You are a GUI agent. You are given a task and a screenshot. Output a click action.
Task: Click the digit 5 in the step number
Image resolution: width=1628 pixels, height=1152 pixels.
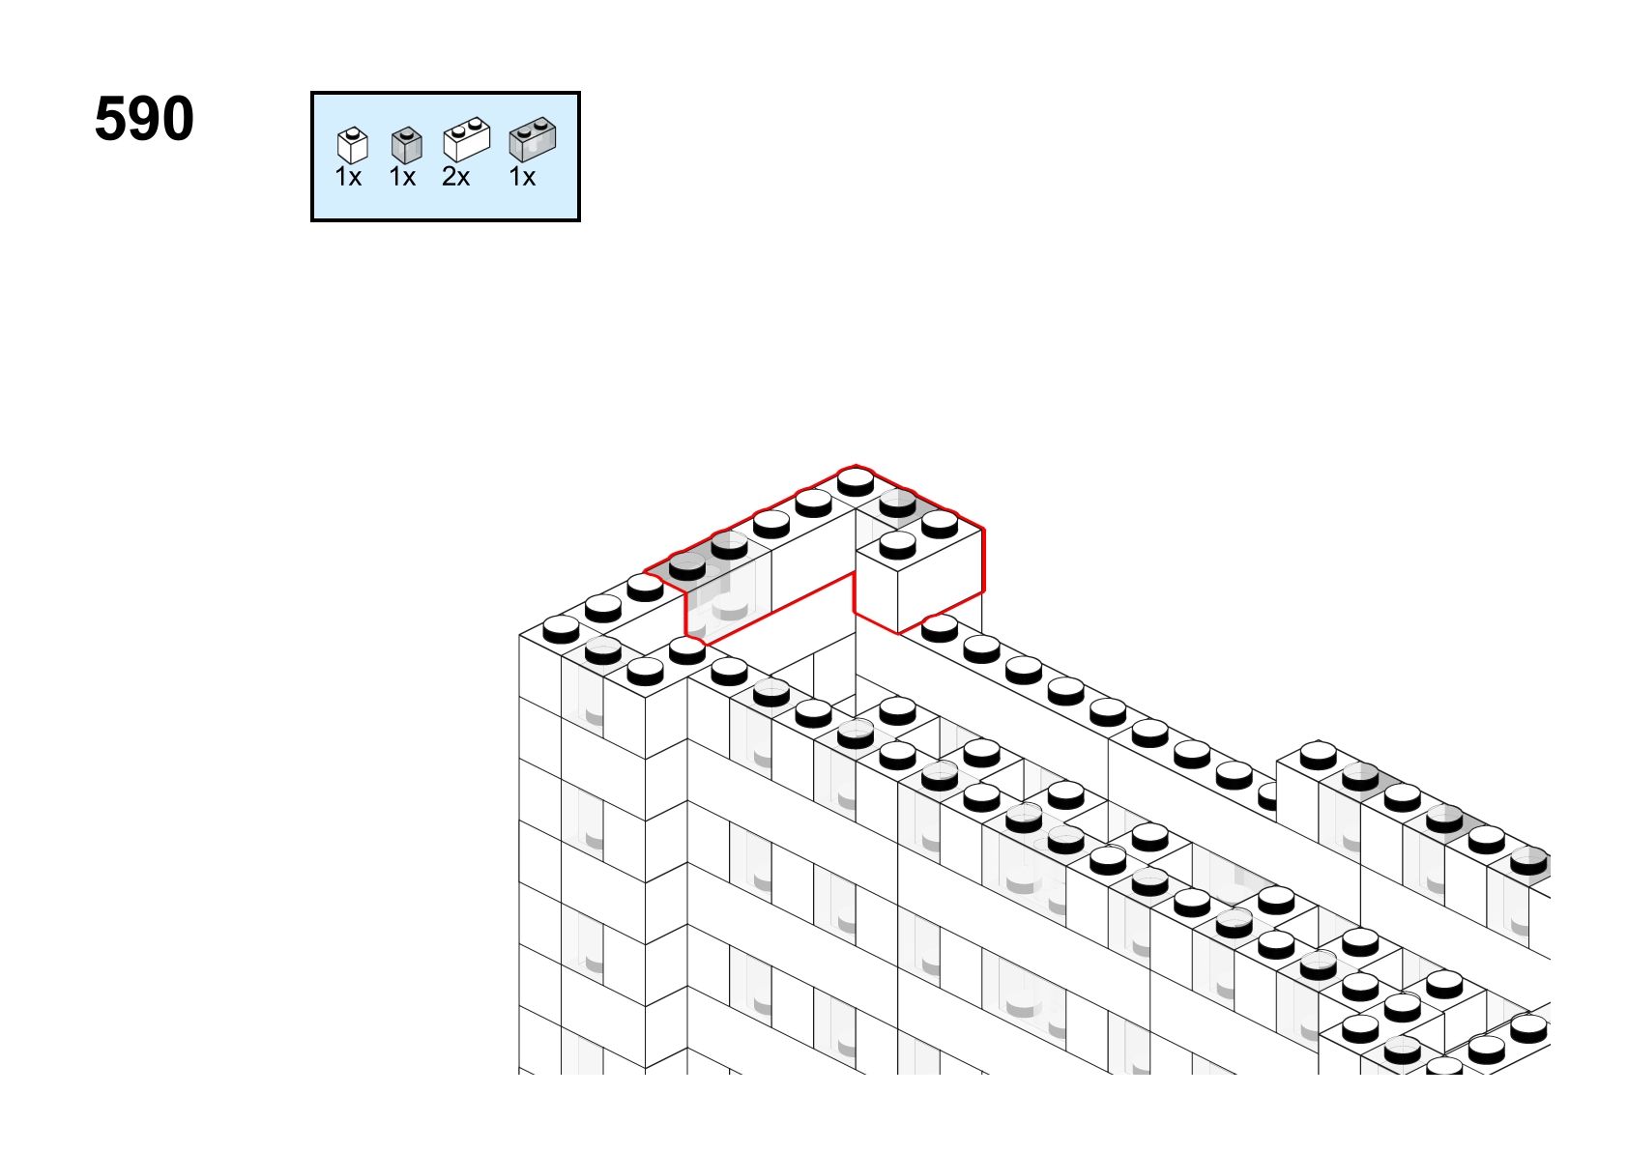[x=111, y=118]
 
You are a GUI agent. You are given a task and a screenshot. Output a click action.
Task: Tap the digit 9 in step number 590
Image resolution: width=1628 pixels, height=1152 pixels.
[x=145, y=118]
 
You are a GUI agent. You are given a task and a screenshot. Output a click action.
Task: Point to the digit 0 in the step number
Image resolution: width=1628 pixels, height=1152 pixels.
[x=178, y=118]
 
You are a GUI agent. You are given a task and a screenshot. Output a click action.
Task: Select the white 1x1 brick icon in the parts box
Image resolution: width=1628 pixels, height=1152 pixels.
[x=353, y=145]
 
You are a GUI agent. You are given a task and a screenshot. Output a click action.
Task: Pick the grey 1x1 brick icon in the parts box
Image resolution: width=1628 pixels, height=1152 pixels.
[x=406, y=145]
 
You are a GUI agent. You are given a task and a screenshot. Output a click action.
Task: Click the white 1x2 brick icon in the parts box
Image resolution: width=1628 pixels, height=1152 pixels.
[x=467, y=139]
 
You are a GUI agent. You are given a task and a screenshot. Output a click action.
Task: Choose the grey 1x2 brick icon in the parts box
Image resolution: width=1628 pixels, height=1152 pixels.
[x=533, y=139]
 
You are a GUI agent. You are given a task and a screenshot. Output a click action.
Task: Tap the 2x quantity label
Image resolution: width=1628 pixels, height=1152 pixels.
[x=455, y=177]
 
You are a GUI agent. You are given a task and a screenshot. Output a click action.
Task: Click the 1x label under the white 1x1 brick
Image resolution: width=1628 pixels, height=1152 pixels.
[x=348, y=177]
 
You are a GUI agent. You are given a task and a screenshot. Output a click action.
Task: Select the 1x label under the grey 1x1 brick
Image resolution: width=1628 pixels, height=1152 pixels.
[x=402, y=177]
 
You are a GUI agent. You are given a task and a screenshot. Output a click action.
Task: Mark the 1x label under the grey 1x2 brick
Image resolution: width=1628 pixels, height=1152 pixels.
[x=522, y=177]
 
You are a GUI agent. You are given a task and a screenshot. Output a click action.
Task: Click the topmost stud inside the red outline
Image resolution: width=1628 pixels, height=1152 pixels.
[x=856, y=481]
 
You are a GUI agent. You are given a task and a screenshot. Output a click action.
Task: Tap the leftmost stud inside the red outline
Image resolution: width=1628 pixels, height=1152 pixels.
[x=686, y=565]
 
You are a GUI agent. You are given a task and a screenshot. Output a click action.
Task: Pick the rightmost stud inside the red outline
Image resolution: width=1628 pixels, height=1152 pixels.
[x=940, y=524]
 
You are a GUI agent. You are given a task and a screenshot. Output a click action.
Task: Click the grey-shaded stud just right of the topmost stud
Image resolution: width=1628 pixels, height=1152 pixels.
[x=897, y=503]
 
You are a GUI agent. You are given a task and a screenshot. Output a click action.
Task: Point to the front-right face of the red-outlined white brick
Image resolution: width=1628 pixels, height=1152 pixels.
[x=941, y=580]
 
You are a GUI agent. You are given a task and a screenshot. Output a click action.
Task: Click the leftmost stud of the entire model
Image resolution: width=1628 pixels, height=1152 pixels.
[x=561, y=629]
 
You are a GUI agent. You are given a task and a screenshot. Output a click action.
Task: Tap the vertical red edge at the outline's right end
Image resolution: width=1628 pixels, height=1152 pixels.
[x=983, y=560]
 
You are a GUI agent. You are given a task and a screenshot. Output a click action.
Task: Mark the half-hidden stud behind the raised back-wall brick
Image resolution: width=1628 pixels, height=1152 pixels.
[x=1266, y=796]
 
